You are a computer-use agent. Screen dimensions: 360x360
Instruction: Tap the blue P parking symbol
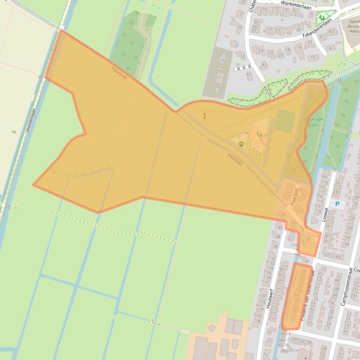(x=337, y=204)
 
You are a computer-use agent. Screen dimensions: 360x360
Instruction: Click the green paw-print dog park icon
(x=241, y=144)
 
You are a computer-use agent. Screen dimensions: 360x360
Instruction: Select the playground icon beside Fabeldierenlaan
(x=321, y=18)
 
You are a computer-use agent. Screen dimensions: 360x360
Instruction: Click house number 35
(x=222, y=60)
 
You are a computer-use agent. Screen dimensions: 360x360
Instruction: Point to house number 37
(x=218, y=77)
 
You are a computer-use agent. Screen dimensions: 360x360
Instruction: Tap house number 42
(x=264, y=65)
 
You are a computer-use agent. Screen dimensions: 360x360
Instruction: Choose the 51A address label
(x=294, y=245)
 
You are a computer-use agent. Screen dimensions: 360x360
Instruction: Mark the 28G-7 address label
(x=284, y=339)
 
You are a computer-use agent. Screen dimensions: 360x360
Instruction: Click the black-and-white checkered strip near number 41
(x=242, y=68)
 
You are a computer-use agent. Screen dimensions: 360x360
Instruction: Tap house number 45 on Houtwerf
(x=282, y=269)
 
